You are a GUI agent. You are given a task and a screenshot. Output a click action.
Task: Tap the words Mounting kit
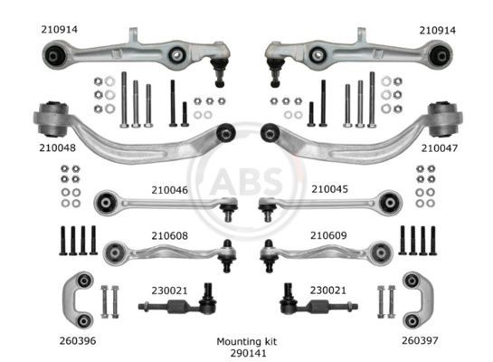tap(246, 341)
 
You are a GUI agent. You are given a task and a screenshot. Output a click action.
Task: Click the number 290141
tap(246, 353)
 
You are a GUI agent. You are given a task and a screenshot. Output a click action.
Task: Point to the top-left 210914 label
tap(60, 29)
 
